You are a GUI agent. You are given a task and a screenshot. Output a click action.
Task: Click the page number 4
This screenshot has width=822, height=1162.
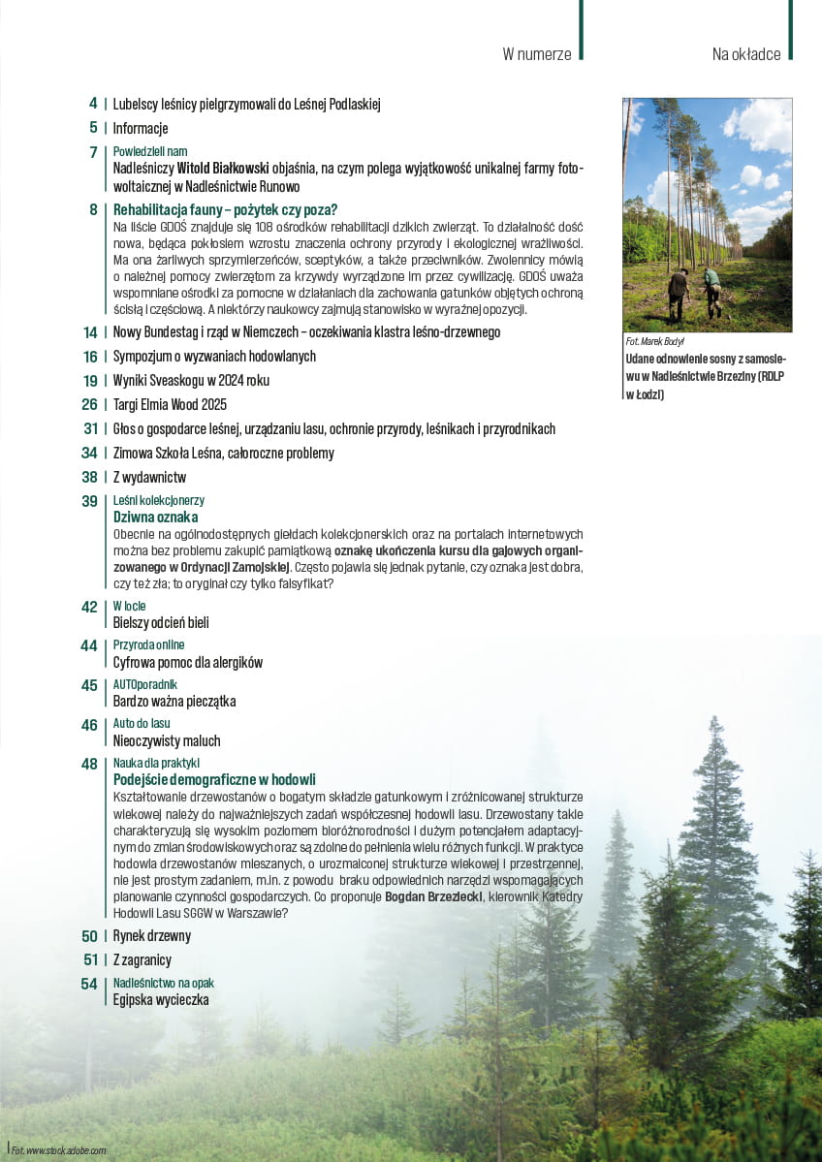pyautogui.click(x=93, y=104)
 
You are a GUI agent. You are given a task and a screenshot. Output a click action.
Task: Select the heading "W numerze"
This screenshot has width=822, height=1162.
pyautogui.click(x=536, y=54)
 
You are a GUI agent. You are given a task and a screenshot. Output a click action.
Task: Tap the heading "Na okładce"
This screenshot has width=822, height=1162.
pyautogui.click(x=745, y=54)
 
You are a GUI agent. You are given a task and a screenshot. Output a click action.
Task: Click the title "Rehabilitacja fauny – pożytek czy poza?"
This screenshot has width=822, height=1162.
pyautogui.click(x=225, y=209)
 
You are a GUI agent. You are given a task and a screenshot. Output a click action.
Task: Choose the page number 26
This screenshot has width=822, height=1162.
pyautogui.click(x=90, y=404)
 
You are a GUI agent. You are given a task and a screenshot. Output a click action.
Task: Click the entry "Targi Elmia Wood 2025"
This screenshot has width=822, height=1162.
pyautogui.click(x=170, y=404)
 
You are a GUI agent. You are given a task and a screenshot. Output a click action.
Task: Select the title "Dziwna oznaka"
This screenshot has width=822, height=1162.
pyautogui.click(x=155, y=518)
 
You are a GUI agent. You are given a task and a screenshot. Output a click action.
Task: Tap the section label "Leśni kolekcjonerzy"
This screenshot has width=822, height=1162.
pyautogui.click(x=158, y=501)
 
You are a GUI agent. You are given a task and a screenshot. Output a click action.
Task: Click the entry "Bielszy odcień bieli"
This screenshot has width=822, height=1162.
pyautogui.click(x=161, y=623)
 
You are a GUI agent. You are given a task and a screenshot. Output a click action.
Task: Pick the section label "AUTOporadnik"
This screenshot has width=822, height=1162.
pyautogui.click(x=145, y=685)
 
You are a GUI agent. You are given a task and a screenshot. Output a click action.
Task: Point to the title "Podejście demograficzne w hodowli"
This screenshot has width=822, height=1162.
pyautogui.click(x=214, y=780)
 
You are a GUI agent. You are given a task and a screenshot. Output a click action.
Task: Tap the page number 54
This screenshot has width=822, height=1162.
pyautogui.click(x=89, y=984)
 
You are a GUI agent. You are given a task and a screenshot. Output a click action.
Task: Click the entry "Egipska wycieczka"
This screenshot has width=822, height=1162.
pyautogui.click(x=161, y=1000)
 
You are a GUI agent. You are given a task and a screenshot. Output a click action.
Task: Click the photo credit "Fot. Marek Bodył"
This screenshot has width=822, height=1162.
pyautogui.click(x=656, y=342)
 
